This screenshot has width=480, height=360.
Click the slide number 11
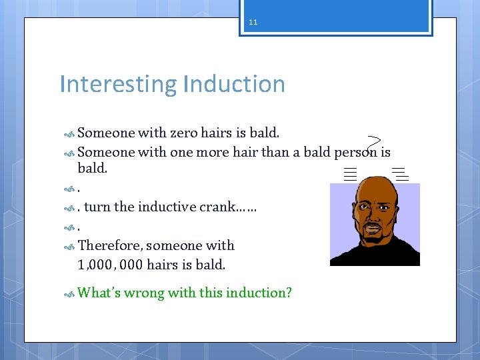(253, 22)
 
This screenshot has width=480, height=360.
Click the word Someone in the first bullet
(107, 133)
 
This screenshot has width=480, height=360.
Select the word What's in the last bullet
(99, 293)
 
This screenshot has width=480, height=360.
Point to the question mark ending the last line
(288, 293)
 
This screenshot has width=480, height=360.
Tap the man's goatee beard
(374, 239)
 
